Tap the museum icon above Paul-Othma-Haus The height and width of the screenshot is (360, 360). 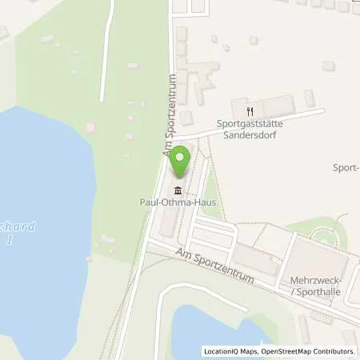click(177, 190)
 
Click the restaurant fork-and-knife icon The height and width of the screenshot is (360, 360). click(250, 111)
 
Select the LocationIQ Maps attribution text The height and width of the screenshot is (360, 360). click(233, 351)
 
